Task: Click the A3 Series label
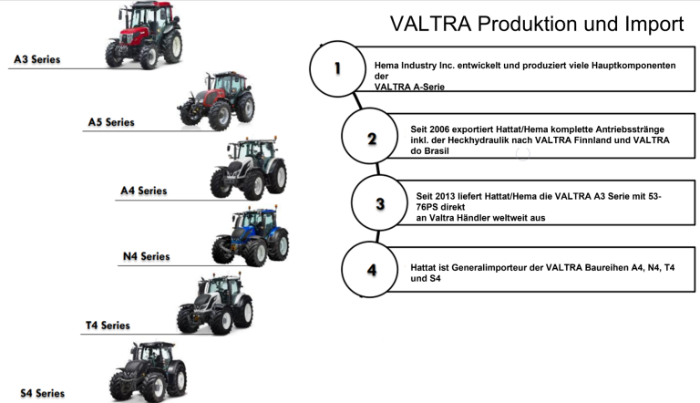[x=37, y=59]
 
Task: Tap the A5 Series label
[x=111, y=122]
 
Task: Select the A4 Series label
[x=144, y=191]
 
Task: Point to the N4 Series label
[x=147, y=256]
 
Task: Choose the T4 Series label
[x=108, y=325]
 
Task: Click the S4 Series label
[x=43, y=393]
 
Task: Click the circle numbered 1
[x=337, y=68]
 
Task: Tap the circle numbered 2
[x=370, y=136]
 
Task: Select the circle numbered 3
[x=380, y=202]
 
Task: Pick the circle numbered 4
[x=370, y=269]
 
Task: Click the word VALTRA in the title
[x=431, y=24]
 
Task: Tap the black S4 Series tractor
[x=148, y=372]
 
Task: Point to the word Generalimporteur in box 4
[x=489, y=268]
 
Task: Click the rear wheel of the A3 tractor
[x=172, y=46]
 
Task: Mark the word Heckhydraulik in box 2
[x=478, y=139]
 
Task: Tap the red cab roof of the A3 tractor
[x=149, y=5]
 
